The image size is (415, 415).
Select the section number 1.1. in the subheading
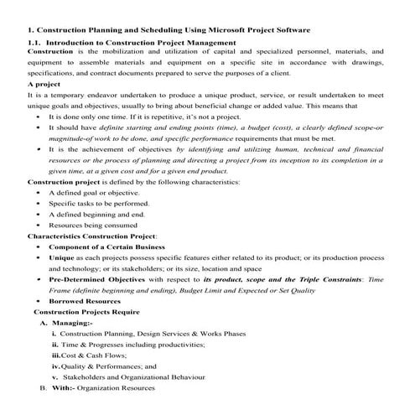[x=36, y=42]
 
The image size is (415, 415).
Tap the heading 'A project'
[x=44, y=85]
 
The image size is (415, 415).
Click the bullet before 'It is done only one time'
[x=39, y=117]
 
